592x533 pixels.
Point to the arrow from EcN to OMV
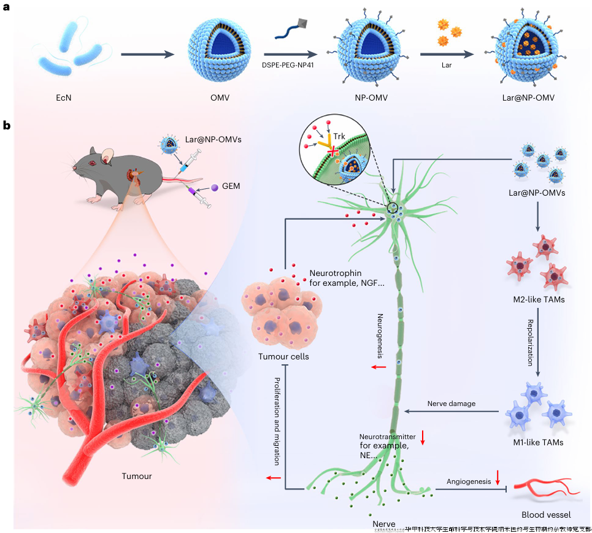pyautogui.click(x=147, y=55)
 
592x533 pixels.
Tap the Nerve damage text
pyautogui.click(x=452, y=403)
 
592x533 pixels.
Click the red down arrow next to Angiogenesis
pyautogui.click(x=498, y=476)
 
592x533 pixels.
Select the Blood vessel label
pyautogui.click(x=540, y=515)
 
